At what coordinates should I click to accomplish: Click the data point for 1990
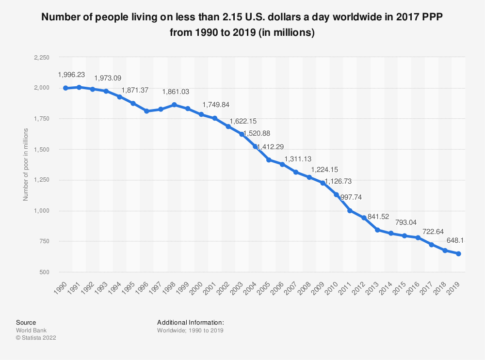coord(65,88)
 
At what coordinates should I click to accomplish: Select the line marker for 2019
coord(458,254)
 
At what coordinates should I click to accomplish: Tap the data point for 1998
coord(174,105)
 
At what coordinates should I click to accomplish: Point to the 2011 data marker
coord(350,211)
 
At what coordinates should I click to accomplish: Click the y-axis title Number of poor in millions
coord(26,165)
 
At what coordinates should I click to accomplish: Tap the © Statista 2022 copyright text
coord(36,338)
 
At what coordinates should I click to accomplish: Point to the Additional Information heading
coord(191,322)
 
